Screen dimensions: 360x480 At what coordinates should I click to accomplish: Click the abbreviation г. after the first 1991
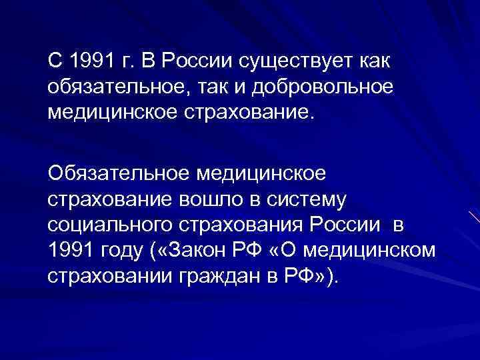(x=128, y=63)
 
